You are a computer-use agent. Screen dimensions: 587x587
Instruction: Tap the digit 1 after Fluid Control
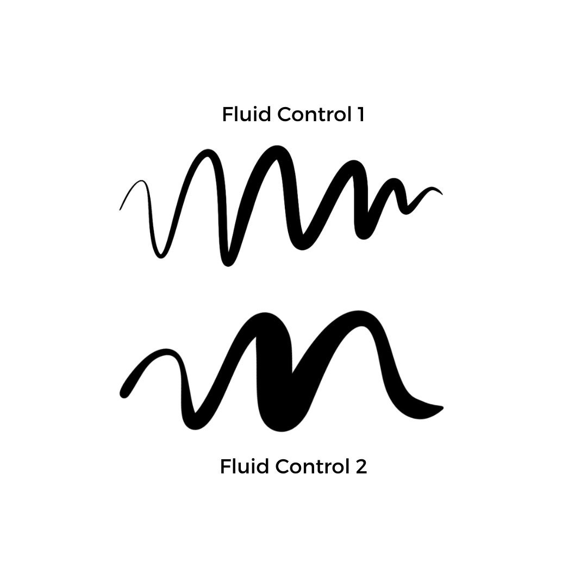click(x=360, y=114)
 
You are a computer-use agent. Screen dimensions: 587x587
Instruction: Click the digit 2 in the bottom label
click(x=361, y=466)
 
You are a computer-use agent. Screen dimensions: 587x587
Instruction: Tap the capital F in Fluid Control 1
click(x=227, y=114)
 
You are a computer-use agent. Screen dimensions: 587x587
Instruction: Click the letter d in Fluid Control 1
click(x=266, y=114)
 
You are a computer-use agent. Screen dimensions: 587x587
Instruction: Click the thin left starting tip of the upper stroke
click(x=120, y=209)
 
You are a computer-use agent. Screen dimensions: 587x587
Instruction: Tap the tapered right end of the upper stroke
click(x=441, y=193)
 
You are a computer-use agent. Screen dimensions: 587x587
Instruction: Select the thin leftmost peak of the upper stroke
click(x=141, y=181)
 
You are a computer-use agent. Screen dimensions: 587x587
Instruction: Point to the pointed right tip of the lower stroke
click(x=442, y=408)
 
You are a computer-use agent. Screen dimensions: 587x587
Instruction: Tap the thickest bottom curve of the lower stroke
click(x=280, y=427)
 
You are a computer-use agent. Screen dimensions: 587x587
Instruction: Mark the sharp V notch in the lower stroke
click(x=292, y=372)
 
